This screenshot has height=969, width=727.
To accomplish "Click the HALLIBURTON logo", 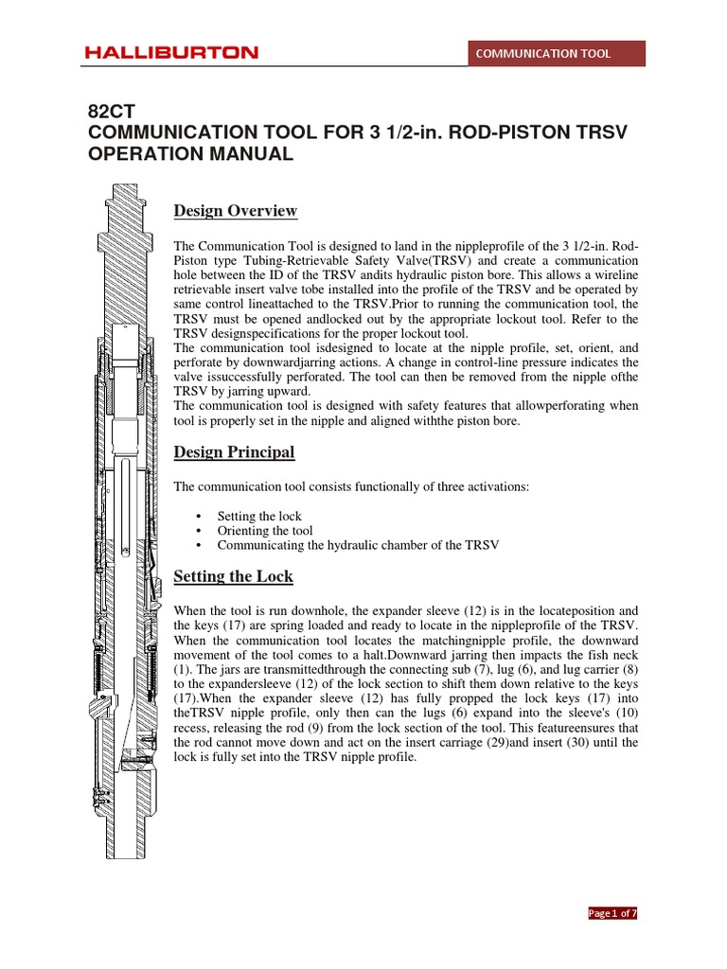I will (171, 53).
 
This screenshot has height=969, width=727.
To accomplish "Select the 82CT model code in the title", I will (106, 112).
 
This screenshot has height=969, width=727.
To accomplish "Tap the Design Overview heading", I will (235, 210).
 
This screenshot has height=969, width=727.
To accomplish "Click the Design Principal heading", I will (234, 452).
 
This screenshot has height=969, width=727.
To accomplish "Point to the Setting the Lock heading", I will (233, 576).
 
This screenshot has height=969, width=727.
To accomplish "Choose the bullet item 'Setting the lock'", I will (259, 516).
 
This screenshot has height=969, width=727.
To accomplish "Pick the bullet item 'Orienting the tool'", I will (264, 531).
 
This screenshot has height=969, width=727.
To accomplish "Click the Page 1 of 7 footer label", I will (612, 913).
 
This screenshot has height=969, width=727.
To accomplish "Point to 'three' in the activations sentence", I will (444, 486).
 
